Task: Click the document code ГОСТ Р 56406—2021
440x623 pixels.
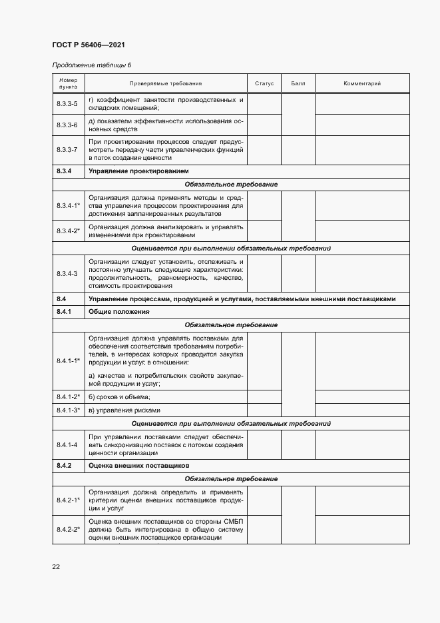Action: (88, 45)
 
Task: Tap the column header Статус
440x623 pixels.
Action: (264, 84)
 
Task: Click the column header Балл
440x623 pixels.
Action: (298, 84)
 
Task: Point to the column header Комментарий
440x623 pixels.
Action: (361, 84)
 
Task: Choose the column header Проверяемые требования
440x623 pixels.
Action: (166, 84)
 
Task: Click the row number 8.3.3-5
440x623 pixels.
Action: (67, 104)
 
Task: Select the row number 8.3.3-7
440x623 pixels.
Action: (67, 150)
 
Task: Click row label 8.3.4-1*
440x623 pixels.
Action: (68, 206)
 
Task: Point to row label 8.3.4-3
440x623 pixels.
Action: (67, 273)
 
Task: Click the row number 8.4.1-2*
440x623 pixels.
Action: (68, 396)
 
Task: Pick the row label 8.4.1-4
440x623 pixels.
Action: (67, 444)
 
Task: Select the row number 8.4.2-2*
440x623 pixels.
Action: (68, 529)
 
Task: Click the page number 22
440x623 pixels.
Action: (56, 566)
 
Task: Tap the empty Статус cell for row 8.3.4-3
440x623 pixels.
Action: (264, 273)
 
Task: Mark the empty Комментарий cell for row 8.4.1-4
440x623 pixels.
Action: (361, 444)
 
